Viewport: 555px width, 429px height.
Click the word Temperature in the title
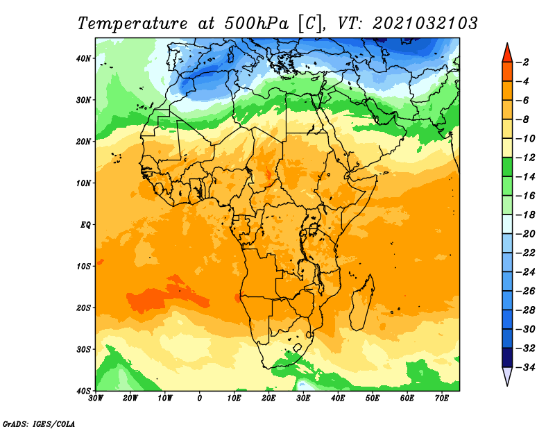tap(133, 24)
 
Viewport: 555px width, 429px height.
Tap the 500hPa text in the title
tap(257, 24)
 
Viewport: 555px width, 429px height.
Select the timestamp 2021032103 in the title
tap(425, 24)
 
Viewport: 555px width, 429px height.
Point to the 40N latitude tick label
tap(83, 58)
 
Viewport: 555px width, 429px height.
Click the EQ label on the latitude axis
tap(85, 225)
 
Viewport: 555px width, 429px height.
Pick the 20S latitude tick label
tap(83, 308)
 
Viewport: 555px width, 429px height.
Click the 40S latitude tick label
tap(83, 391)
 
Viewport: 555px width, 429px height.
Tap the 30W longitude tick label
tap(96, 398)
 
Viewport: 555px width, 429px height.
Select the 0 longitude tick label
tap(200, 398)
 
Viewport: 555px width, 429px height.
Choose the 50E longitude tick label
tap(373, 398)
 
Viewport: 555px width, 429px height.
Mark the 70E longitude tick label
tap(442, 398)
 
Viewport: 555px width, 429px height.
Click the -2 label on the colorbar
tap(522, 62)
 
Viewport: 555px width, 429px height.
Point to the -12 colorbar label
tap(525, 158)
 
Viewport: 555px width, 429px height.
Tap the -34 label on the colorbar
tap(525, 367)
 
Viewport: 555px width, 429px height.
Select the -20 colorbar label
tap(525, 234)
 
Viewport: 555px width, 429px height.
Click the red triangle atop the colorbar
tap(507, 53)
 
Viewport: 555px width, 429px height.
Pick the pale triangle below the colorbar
tap(507, 376)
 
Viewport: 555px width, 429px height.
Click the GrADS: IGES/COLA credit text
tap(39, 424)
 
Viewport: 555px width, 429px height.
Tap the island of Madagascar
tap(361, 303)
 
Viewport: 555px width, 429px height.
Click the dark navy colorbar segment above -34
tap(507, 357)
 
